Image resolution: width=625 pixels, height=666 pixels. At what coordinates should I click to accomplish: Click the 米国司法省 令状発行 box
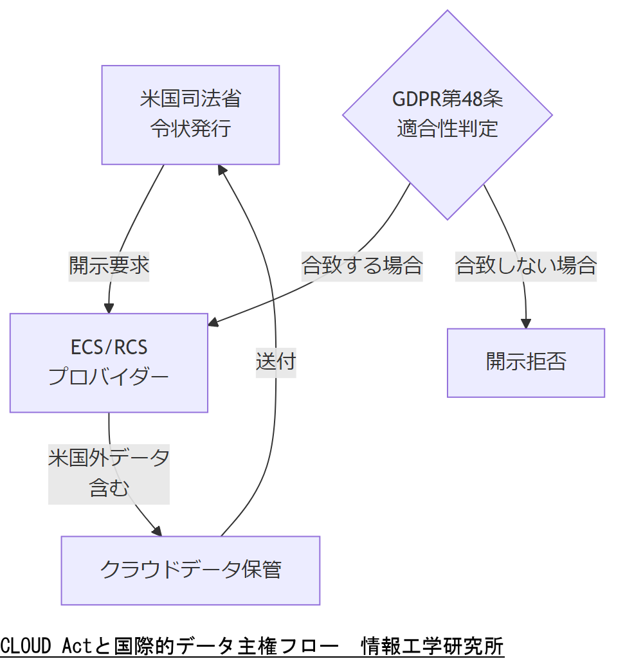pos(190,114)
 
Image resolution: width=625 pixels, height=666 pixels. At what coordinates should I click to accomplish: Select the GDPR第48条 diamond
pos(448,114)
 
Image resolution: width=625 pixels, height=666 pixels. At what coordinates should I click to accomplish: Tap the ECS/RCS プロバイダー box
pos(109,363)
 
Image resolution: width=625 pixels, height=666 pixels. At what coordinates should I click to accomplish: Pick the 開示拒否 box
pos(526,363)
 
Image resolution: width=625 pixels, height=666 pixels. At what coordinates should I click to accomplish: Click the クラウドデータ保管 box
pos(190,570)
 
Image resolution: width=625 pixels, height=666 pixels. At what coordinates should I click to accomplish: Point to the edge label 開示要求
pos(109,265)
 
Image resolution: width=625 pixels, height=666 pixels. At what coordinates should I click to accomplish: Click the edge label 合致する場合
pos(362,265)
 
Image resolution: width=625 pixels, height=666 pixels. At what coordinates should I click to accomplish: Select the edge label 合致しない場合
pos(526,265)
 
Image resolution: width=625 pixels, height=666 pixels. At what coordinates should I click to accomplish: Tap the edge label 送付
pos(275,361)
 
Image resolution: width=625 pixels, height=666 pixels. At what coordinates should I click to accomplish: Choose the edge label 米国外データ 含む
pos(109,474)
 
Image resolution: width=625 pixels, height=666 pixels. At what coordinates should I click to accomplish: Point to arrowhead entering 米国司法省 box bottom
pos(222,170)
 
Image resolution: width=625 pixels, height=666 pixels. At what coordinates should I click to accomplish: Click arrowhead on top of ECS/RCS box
pos(109,308)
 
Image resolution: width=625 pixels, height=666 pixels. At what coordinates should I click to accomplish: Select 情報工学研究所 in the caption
pos(432,645)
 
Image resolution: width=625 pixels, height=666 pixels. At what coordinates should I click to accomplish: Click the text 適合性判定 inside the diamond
pos(448,129)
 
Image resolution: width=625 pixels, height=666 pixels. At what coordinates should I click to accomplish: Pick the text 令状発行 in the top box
pos(190,129)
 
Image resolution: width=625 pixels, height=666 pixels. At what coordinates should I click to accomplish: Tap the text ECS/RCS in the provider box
pos(109,348)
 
